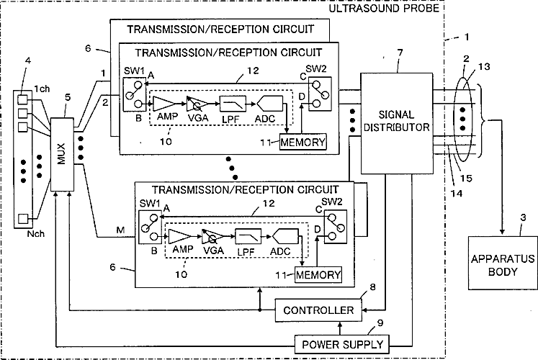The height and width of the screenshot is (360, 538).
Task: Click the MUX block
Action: [62, 154]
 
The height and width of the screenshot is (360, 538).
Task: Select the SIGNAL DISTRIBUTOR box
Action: [396, 123]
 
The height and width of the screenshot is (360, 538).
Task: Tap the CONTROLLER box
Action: [318, 310]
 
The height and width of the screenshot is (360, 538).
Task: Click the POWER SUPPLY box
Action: [342, 345]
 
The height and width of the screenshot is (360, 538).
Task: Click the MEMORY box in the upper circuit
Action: [303, 142]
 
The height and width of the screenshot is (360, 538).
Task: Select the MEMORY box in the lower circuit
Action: [318, 274]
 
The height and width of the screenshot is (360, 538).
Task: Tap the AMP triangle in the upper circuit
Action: [164, 104]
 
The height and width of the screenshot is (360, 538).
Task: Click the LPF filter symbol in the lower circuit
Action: [248, 237]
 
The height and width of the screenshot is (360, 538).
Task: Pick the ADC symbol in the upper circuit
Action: [270, 104]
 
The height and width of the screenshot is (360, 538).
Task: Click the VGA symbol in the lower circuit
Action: [212, 236]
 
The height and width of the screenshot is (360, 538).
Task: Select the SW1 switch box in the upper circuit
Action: [134, 94]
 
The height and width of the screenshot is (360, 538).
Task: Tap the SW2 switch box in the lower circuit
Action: [335, 227]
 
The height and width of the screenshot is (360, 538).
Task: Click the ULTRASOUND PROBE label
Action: [384, 8]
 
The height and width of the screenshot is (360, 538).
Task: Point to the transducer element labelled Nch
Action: [22, 219]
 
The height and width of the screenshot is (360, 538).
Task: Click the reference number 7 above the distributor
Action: [400, 53]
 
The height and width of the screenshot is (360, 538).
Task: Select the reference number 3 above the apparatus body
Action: [523, 217]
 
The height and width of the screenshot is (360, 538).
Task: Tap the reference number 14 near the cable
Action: [457, 194]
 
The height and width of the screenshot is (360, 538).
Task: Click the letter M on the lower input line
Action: [120, 230]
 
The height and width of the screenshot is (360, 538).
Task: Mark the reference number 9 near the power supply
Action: [380, 323]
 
